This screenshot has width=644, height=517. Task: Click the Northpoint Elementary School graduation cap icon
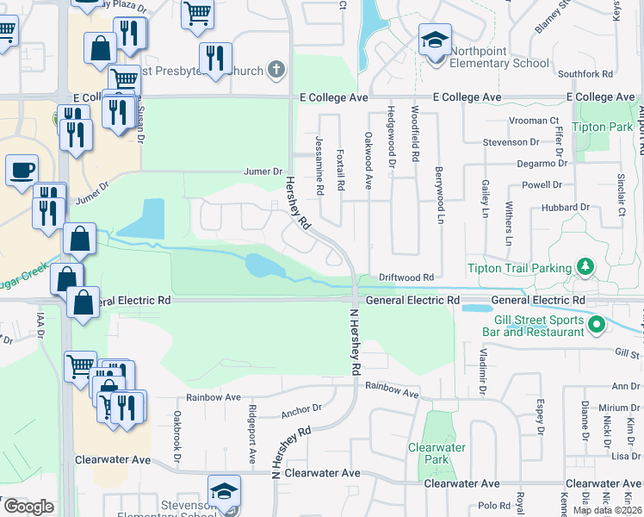pyautogui.click(x=436, y=40)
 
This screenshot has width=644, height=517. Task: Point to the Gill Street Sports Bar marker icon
pyautogui.click(x=596, y=325)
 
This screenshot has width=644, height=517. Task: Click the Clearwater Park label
pyautogui.click(x=437, y=453)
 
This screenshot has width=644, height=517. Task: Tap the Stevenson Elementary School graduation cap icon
pyautogui.click(x=225, y=491)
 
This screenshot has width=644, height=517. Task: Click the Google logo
pyautogui.click(x=28, y=507)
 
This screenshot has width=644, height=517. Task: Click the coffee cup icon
pyautogui.click(x=22, y=170)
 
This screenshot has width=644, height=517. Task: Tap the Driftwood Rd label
pyautogui.click(x=406, y=277)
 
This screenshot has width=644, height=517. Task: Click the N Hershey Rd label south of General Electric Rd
pyautogui.click(x=354, y=343)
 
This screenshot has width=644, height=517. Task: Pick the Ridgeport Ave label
pyautogui.click(x=253, y=433)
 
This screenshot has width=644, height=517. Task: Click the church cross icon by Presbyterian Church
pyautogui.click(x=276, y=69)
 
